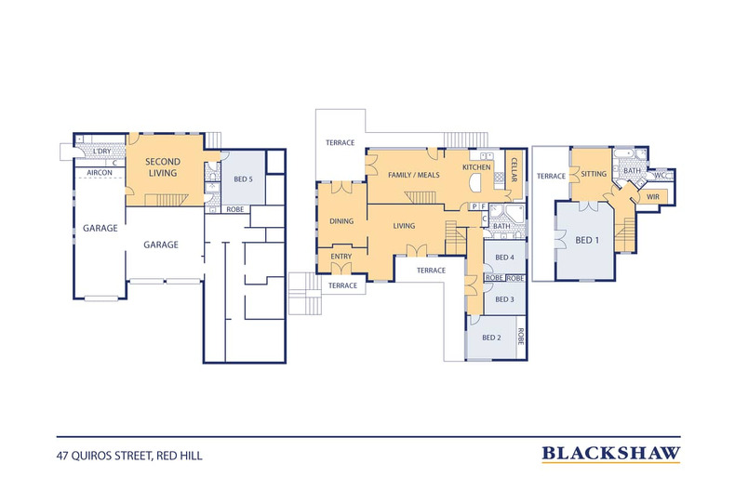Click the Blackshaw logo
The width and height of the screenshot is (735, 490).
(610, 454)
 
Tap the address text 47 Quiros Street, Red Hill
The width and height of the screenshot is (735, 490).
(129, 456)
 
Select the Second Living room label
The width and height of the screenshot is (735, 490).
(162, 167)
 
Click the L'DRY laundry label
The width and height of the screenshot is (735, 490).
(102, 152)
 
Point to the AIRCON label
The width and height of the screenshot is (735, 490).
(100, 173)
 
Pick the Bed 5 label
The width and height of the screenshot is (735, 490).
(243, 179)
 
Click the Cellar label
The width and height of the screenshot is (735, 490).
(514, 169)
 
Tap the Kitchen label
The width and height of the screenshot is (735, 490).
(476, 167)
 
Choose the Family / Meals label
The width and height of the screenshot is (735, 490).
(414, 175)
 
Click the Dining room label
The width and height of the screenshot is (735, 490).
(341, 221)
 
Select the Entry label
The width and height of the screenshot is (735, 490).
(341, 257)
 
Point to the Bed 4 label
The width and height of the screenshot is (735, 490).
(505, 258)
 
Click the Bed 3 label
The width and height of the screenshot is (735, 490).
(505, 299)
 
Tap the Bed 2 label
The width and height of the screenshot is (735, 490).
(492, 338)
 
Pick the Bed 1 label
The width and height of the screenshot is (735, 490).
(587, 240)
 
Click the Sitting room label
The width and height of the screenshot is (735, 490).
(594, 174)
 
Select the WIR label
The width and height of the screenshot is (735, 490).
(653, 197)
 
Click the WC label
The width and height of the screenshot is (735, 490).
(660, 175)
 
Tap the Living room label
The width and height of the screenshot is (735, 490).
(404, 226)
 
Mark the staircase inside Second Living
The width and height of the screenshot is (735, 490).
(167, 200)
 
